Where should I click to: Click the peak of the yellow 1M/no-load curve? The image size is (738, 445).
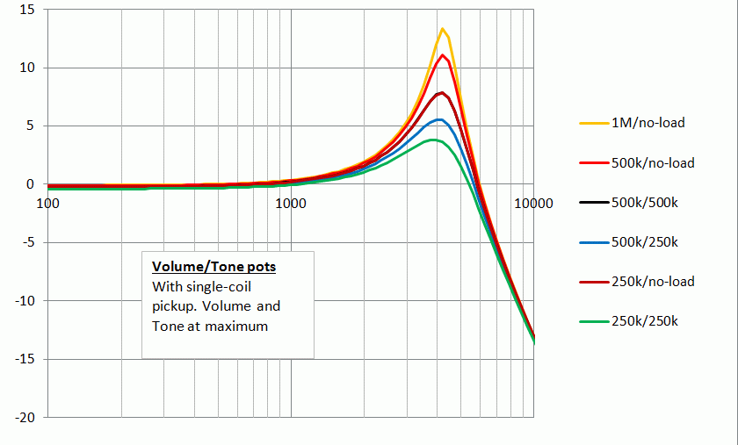coord(443,29)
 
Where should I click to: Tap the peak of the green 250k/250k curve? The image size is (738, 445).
coord(433,140)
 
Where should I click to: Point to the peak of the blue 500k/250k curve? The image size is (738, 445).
coord(438,119)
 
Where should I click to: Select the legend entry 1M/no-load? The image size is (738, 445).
coord(648,123)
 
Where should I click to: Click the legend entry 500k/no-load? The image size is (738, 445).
coord(653,162)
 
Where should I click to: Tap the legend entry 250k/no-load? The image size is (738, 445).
coord(653,282)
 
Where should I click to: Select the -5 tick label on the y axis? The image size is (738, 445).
coord(27,242)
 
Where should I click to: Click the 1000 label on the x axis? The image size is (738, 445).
coord(290,203)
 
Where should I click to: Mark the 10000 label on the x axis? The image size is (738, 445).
coord(532,203)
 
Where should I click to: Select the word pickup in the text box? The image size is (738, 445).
coord(172,306)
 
